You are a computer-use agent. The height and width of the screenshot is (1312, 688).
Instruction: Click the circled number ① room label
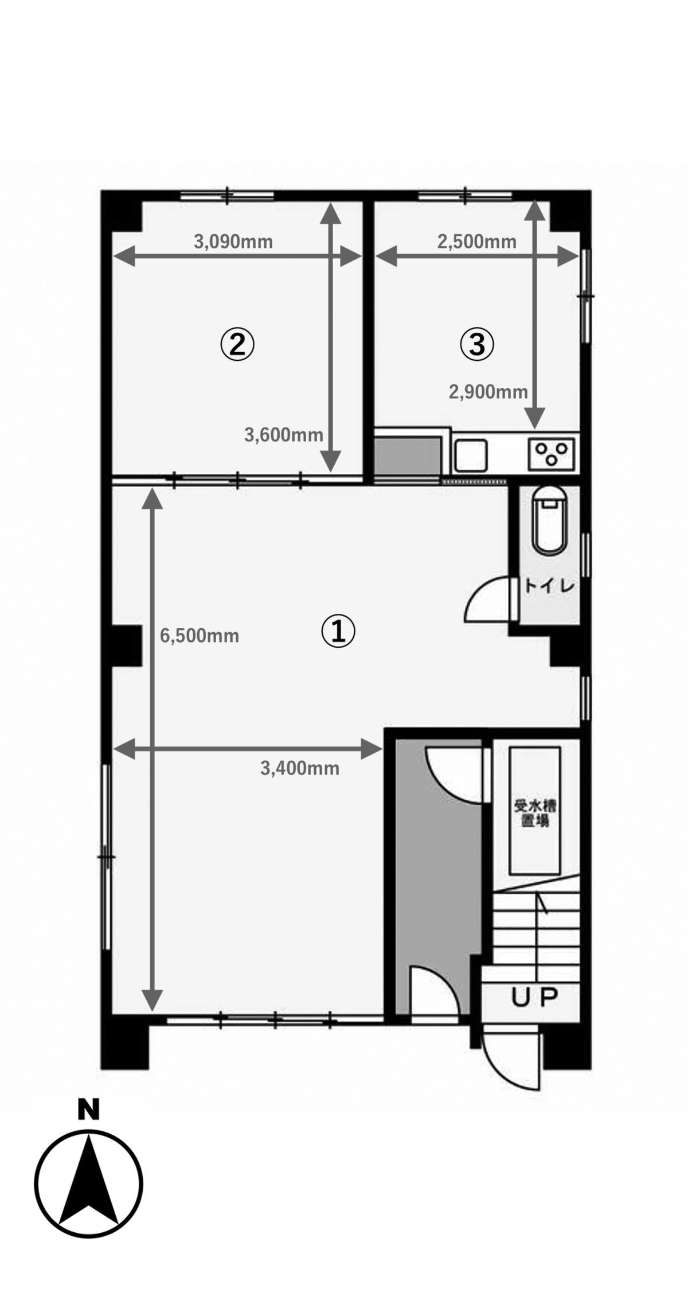[x=338, y=632]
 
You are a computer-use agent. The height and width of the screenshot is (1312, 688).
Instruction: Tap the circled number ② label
[x=237, y=345]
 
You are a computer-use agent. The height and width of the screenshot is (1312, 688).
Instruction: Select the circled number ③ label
[x=477, y=345]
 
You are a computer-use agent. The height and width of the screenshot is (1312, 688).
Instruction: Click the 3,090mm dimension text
[x=233, y=242]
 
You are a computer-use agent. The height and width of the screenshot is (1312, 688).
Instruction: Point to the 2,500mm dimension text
[x=477, y=242]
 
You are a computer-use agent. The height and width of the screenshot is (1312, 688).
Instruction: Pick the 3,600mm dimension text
[x=284, y=435]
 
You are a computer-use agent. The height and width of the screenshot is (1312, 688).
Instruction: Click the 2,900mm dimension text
[x=488, y=392]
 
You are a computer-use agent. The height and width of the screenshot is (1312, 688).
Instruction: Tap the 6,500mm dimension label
[x=200, y=636]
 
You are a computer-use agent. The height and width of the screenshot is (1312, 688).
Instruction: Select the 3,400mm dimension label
[x=300, y=768]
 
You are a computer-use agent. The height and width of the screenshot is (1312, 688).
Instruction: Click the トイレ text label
[x=550, y=586]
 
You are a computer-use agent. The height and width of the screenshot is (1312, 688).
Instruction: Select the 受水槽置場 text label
[x=535, y=813]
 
